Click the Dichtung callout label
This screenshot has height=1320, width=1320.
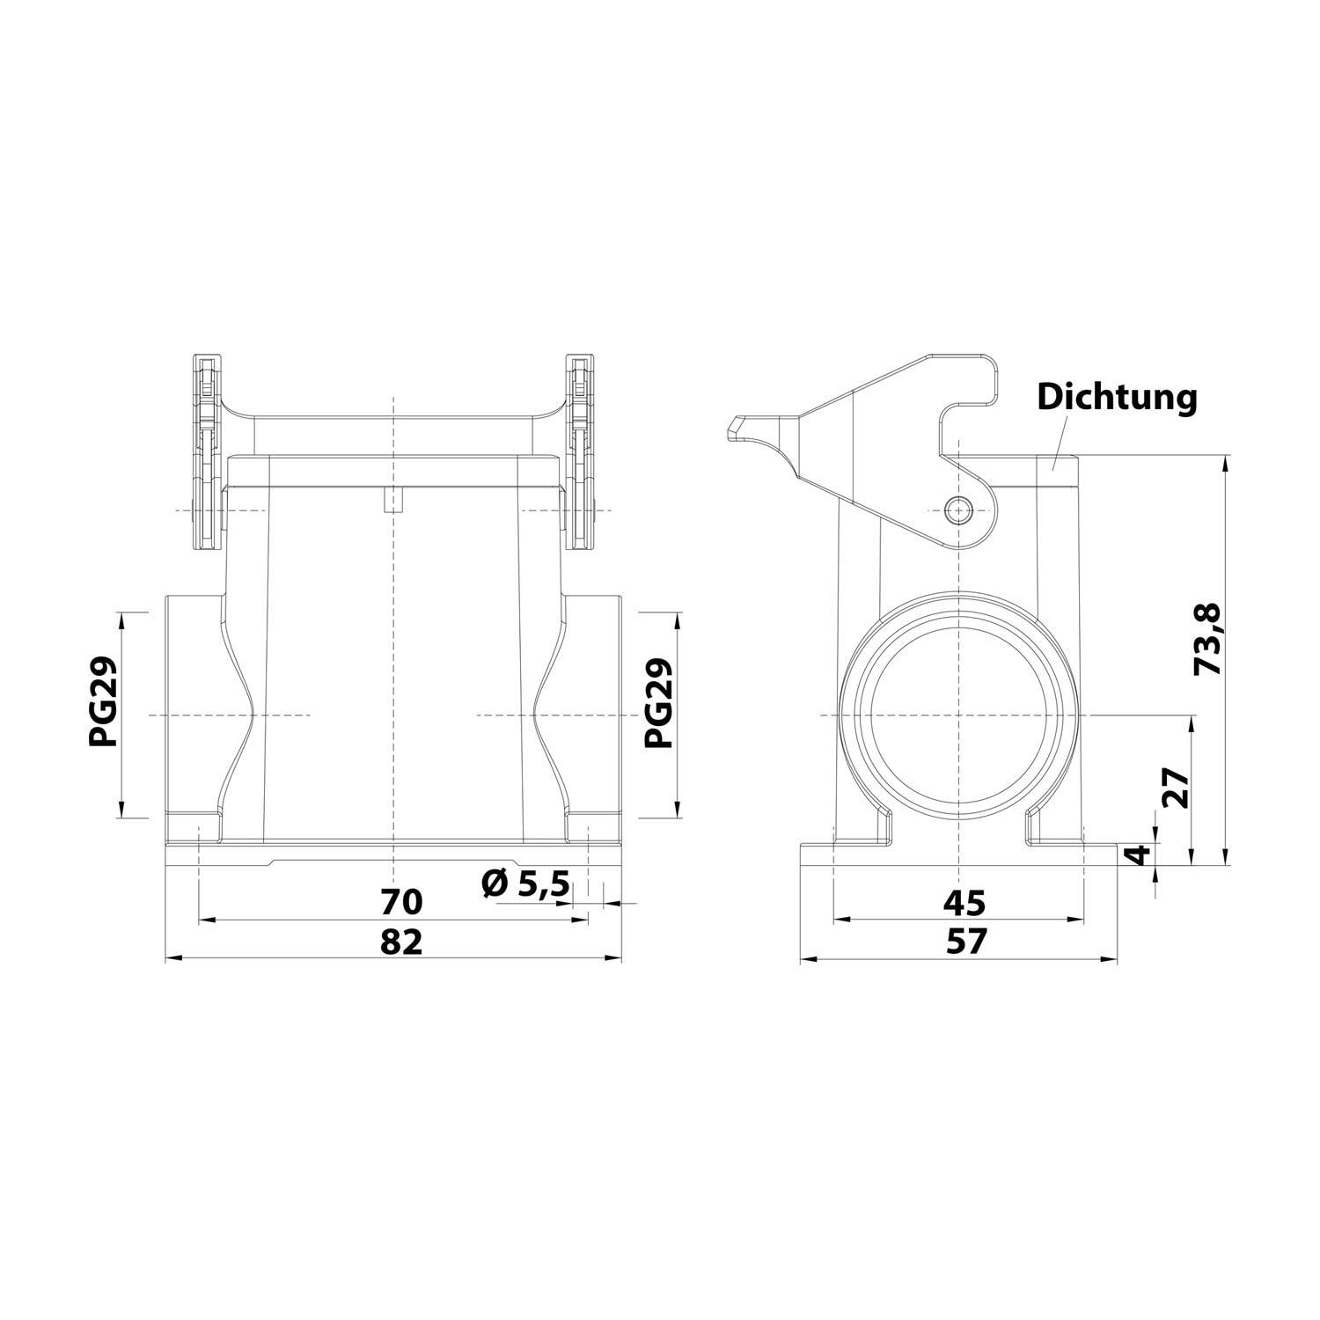point(1117,397)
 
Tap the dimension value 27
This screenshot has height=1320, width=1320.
point(1176,788)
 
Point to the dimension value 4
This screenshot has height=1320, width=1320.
point(1140,854)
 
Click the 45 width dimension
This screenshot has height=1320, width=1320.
point(964,902)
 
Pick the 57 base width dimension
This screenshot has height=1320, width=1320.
point(965,942)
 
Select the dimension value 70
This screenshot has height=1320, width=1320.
point(401,902)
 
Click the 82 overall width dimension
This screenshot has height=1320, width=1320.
point(401,942)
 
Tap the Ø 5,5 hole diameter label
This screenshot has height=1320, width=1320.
point(526,883)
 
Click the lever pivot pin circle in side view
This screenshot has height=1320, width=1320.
point(957,509)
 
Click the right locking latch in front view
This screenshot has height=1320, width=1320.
point(579,453)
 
